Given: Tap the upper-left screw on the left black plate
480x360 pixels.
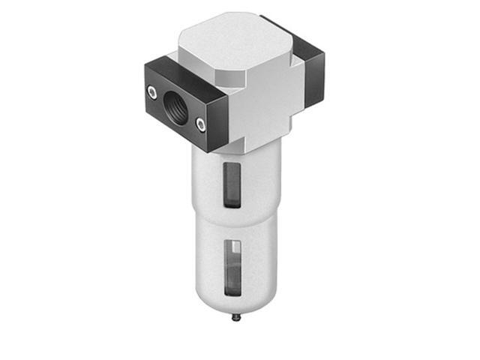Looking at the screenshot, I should coord(152,91).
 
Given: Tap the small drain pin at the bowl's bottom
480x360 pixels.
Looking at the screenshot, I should coord(237,317).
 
